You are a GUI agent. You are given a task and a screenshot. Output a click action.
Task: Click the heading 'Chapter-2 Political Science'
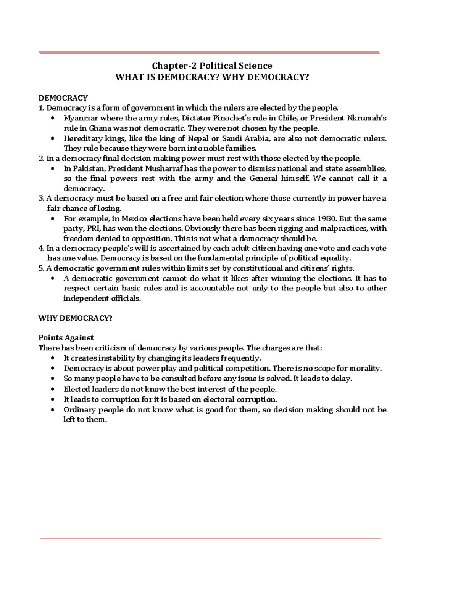tap(212, 66)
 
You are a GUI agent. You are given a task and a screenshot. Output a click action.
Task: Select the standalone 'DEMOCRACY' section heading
tap(63, 98)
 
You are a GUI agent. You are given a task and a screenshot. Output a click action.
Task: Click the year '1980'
tap(326, 219)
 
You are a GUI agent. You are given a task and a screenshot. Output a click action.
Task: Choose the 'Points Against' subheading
tap(66, 337)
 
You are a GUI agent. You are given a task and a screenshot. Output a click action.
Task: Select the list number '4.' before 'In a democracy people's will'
tap(42, 249)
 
